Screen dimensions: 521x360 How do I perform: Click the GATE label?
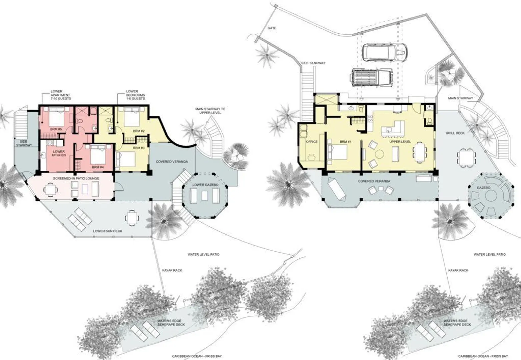[272, 28]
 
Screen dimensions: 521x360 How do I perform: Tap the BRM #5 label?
[56, 129]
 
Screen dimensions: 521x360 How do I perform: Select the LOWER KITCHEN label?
[59, 153]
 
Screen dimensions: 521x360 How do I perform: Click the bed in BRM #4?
[98, 155]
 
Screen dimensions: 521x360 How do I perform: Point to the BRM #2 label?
[139, 131]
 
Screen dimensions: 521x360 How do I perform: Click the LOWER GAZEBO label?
[205, 185]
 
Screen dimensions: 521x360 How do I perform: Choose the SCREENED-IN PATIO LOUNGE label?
[76, 179]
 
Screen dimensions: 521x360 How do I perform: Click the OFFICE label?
[312, 142]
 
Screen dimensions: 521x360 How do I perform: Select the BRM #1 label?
[346, 142]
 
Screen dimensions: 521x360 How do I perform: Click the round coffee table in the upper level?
[380, 154]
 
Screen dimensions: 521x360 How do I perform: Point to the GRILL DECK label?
[455, 133]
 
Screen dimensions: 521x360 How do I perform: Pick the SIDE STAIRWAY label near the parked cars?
[313, 63]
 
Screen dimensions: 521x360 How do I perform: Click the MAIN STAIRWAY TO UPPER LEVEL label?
[210, 111]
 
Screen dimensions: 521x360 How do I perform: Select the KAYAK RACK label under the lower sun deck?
[172, 270]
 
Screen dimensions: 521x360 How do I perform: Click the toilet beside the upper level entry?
[430, 121]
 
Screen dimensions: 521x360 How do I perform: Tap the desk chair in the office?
[311, 157]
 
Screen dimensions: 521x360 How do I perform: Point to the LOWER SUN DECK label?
[107, 231]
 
